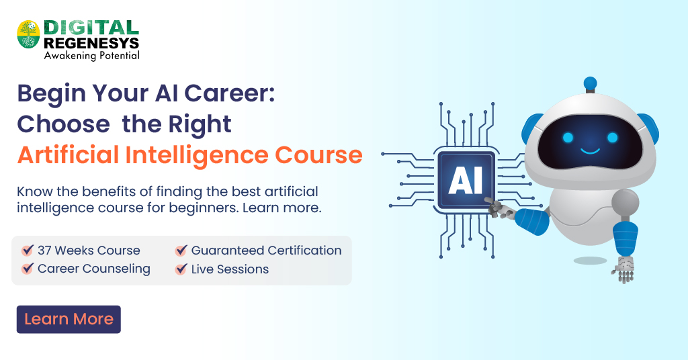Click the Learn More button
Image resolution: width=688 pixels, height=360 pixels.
point(69,320)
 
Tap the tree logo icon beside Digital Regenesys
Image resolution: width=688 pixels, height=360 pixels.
point(29,34)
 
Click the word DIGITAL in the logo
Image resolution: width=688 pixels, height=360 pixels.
point(91,27)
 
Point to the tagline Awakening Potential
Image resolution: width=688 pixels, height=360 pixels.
point(92,56)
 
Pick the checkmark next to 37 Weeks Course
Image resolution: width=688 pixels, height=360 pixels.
point(28,251)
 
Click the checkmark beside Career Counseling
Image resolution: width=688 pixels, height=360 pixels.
point(28,269)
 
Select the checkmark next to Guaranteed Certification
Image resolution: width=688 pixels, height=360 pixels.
point(181,251)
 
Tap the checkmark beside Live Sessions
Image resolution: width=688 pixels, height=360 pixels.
point(181,269)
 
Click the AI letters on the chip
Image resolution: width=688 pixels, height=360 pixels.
point(466,181)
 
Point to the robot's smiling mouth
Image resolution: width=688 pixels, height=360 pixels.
point(590,151)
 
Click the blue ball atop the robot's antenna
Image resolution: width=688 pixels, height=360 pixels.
point(591,83)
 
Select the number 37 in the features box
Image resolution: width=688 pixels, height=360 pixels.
point(45,251)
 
